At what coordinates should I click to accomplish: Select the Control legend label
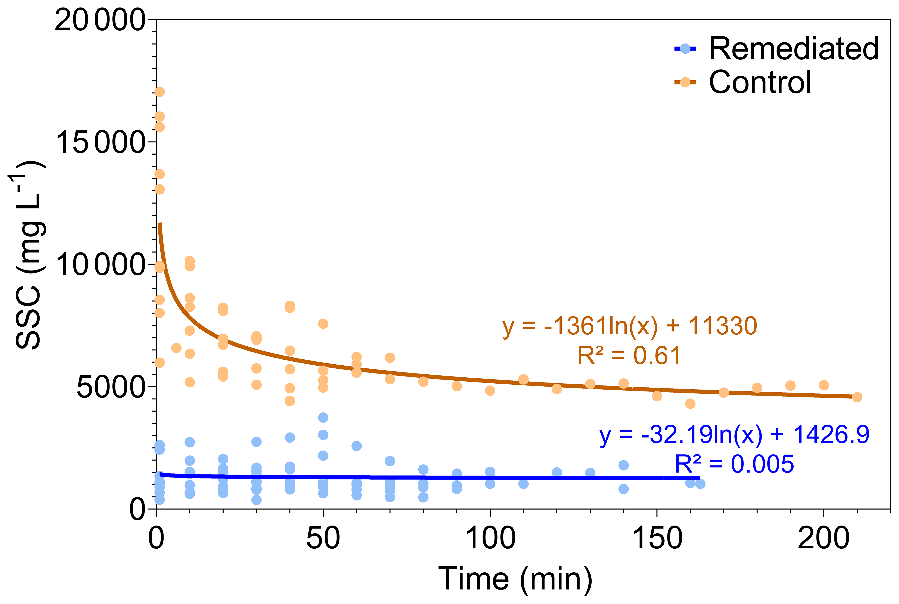tap(760, 83)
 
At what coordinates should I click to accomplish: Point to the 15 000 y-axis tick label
tap(100, 143)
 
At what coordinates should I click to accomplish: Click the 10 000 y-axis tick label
tap(100, 265)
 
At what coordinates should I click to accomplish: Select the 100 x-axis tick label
tap(490, 539)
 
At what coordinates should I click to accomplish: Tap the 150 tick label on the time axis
tap(657, 539)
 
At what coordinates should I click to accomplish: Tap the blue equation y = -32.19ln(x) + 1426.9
tap(734, 435)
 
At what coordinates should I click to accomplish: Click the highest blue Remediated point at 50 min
tap(323, 418)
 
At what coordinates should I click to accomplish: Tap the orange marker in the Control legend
tap(685, 82)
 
